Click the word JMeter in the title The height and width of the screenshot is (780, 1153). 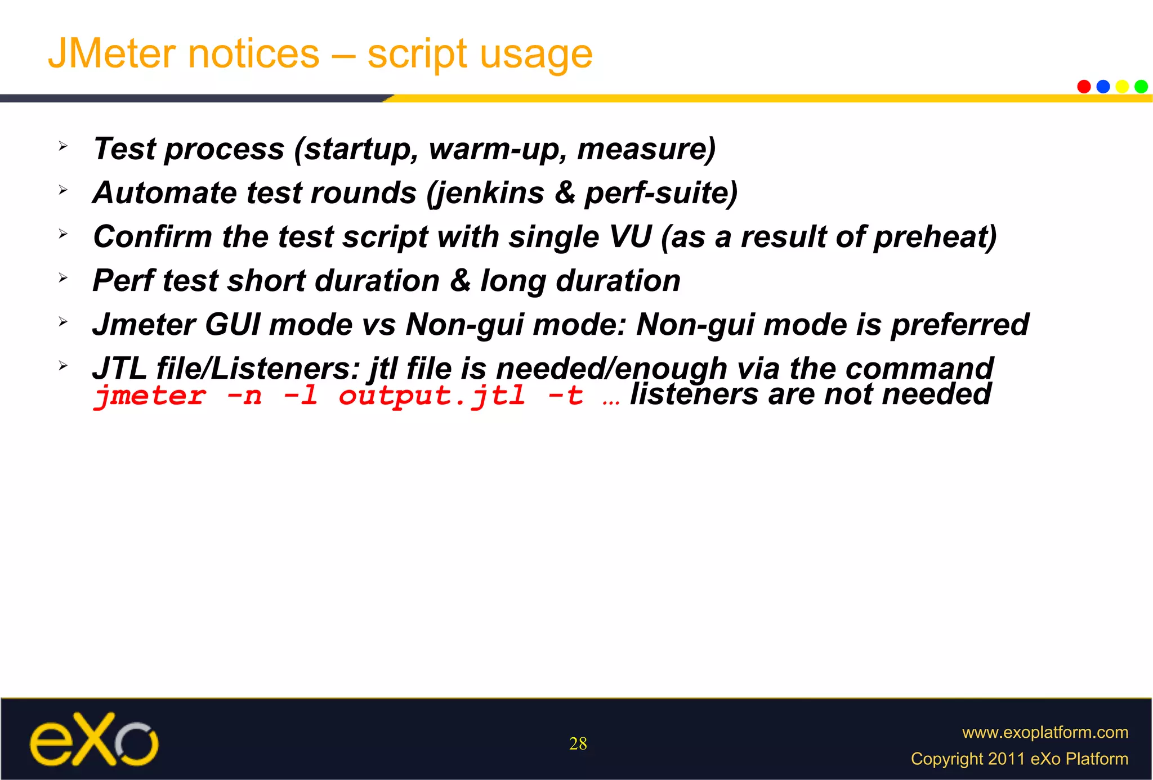click(113, 54)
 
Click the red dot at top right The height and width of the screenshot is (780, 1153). click(1084, 87)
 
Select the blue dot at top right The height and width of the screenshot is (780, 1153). click(1103, 87)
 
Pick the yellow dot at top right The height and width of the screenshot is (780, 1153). click(1122, 87)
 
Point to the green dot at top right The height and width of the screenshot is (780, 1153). click(1141, 87)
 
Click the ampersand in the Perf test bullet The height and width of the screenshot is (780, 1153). click(460, 280)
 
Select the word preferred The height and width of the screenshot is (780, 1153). click(959, 325)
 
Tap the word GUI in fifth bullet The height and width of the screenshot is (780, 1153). click(231, 325)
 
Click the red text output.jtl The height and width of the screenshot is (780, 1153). click(431, 396)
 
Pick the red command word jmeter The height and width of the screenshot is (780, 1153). click(150, 396)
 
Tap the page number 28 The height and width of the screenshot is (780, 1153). click(578, 743)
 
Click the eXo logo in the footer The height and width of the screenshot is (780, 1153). click(94, 739)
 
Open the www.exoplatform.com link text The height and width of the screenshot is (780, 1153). click(1044, 732)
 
